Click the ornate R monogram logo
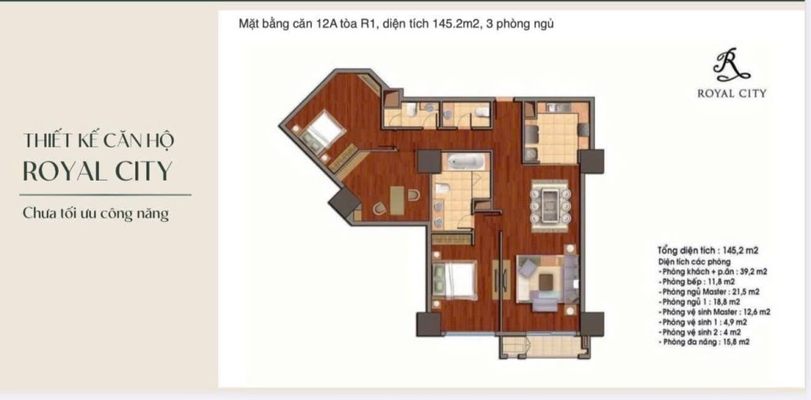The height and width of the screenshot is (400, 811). [731, 65]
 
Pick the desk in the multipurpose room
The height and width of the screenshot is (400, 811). [398, 200]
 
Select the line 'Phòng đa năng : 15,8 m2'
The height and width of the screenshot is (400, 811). [704, 342]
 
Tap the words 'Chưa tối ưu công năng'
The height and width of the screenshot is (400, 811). [96, 213]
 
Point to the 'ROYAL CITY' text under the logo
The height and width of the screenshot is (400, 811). [731, 93]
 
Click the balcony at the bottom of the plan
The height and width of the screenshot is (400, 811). [543, 346]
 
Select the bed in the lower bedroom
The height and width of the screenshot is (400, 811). [454, 280]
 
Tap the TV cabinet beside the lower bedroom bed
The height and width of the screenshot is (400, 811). [501, 280]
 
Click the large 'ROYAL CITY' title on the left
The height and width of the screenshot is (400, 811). [97, 171]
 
